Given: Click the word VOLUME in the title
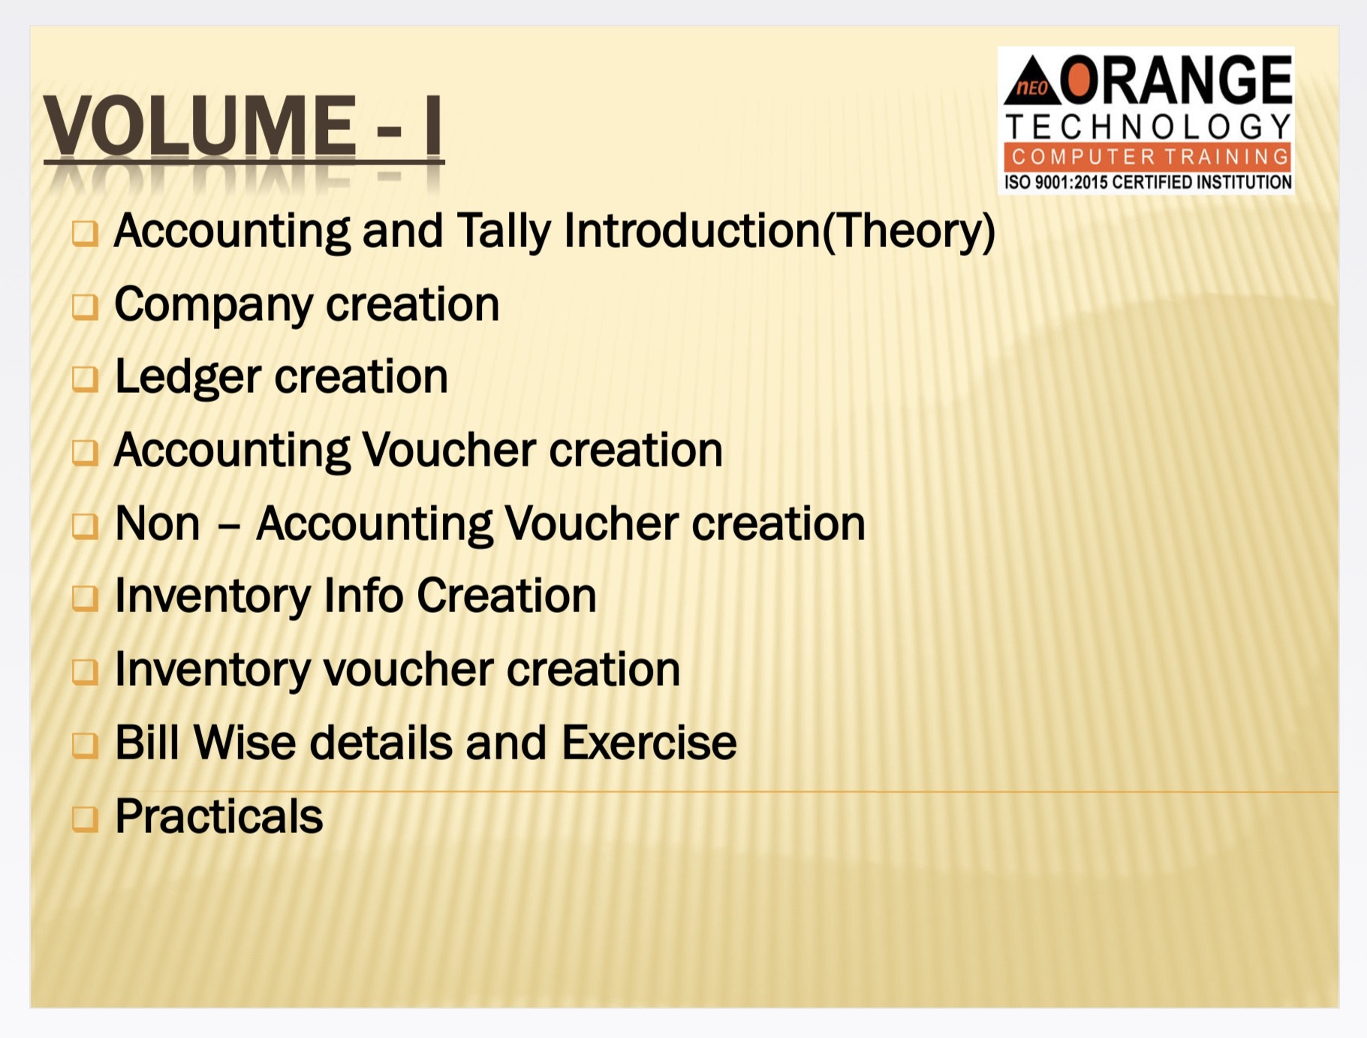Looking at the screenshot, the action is [199, 125].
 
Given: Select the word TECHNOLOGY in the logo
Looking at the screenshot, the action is [1149, 127].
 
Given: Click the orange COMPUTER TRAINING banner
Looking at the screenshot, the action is [1147, 156].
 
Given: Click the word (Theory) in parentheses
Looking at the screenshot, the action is [909, 231].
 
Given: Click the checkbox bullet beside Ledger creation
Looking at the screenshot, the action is [85, 379].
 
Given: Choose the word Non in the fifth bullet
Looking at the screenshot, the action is [158, 524].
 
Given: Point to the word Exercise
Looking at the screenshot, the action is [649, 742].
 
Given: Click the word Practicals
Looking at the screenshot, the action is [219, 816].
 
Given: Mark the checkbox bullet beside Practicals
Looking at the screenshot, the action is [85, 819].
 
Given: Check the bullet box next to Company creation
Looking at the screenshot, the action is [85, 306].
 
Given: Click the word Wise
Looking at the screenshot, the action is [245, 742].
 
